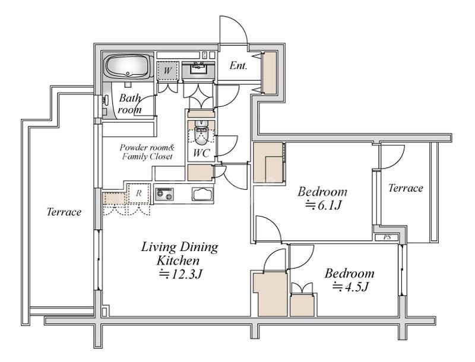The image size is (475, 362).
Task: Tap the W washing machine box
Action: [x=167, y=71]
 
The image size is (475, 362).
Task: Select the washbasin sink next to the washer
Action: [x=198, y=69]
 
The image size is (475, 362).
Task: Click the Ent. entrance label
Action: [x=239, y=66]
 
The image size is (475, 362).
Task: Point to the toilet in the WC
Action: [x=200, y=133]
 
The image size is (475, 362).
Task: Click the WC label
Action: [x=201, y=153]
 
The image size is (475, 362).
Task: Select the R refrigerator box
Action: [x=139, y=193]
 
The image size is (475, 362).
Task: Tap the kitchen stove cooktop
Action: [x=164, y=194]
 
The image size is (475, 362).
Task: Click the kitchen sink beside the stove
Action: [x=202, y=193]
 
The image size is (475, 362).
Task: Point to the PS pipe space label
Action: [x=387, y=237]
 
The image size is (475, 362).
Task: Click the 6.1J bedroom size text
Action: [x=323, y=205]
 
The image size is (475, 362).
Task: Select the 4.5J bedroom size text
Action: [x=350, y=287]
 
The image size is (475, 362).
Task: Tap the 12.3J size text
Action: [x=181, y=274]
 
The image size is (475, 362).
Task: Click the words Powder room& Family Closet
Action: [x=147, y=152]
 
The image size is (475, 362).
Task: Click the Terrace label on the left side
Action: [x=64, y=212]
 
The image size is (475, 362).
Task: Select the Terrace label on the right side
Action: [x=406, y=188]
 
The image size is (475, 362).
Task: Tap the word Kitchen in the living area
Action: [x=178, y=261]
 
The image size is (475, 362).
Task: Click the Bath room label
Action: [x=129, y=103]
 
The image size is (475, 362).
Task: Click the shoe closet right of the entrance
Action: [x=270, y=72]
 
